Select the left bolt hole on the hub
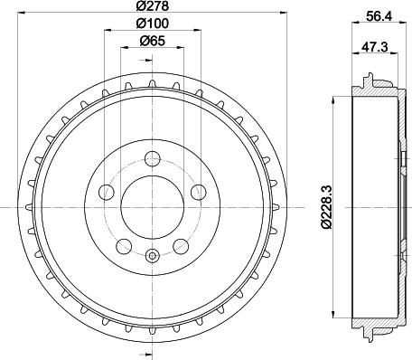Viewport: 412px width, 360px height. tap(107, 191)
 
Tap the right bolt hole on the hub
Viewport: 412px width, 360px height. tap(199, 191)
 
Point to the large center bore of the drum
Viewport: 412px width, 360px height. tap(153, 204)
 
